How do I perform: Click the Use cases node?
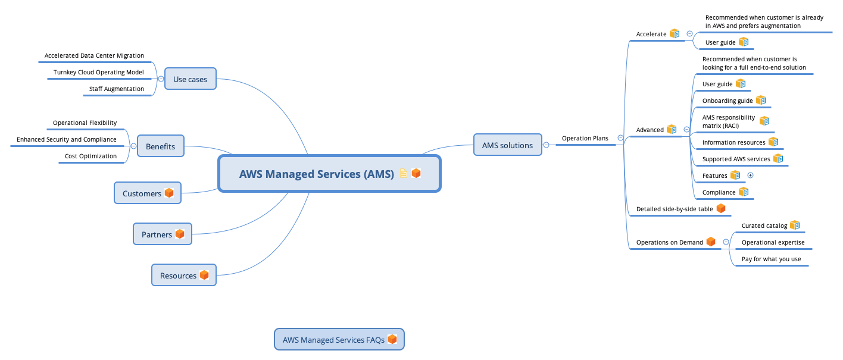[190, 79]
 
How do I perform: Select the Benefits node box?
[160, 146]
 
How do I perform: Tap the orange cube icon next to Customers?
[169, 193]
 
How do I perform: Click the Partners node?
[162, 234]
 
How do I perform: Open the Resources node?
[183, 276]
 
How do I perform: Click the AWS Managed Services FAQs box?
[339, 340]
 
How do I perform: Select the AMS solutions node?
[507, 145]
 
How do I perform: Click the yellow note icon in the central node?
[404, 174]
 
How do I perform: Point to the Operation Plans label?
[585, 138]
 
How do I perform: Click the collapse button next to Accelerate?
[689, 34]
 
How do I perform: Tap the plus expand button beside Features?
[750, 176]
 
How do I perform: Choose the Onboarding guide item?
[728, 101]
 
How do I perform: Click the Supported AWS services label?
[736, 159]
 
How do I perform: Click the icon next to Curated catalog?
[795, 226]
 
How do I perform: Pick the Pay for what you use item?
[771, 259]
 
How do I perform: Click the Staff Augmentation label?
[116, 89]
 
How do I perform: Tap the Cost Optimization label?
[90, 156]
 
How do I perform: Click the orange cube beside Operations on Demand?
[710, 242]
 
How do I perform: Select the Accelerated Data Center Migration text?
[94, 55]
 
